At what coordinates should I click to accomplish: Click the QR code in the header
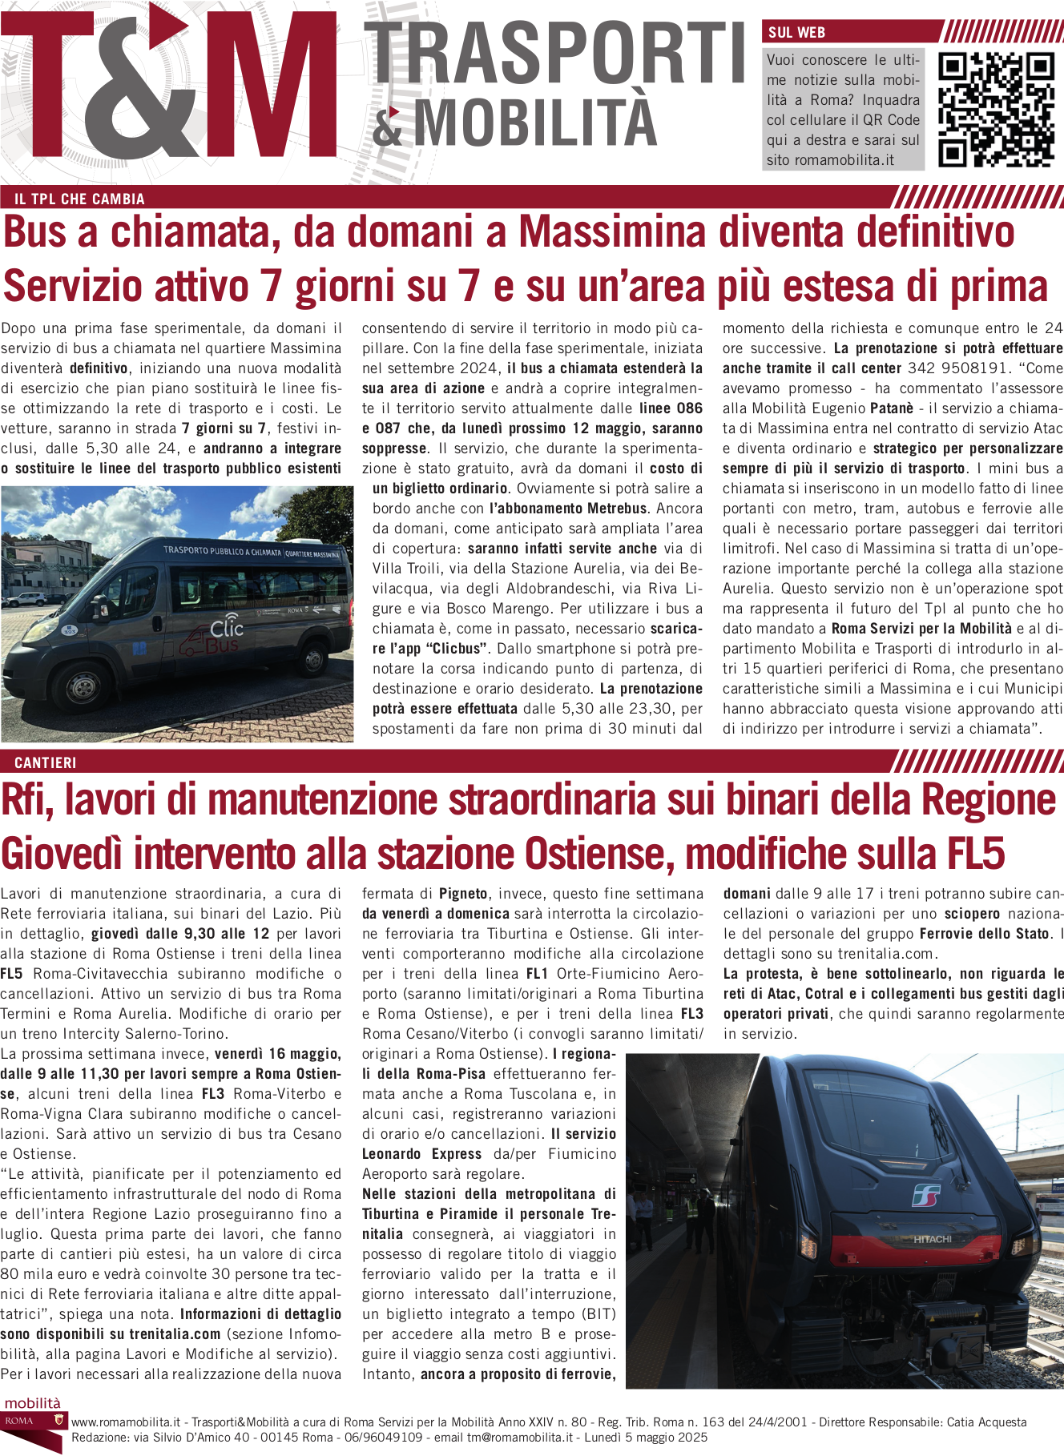[x=995, y=110]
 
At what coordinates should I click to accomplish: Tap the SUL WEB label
[x=796, y=33]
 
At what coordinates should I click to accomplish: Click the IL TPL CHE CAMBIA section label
[x=79, y=199]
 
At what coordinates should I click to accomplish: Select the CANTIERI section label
[x=46, y=763]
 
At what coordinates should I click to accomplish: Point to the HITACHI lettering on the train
[x=933, y=1239]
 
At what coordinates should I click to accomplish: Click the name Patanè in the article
[x=892, y=408]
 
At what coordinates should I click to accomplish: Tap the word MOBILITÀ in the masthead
[x=534, y=123]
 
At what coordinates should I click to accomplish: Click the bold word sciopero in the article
[x=972, y=914]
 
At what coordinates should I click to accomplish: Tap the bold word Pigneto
[x=463, y=894]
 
